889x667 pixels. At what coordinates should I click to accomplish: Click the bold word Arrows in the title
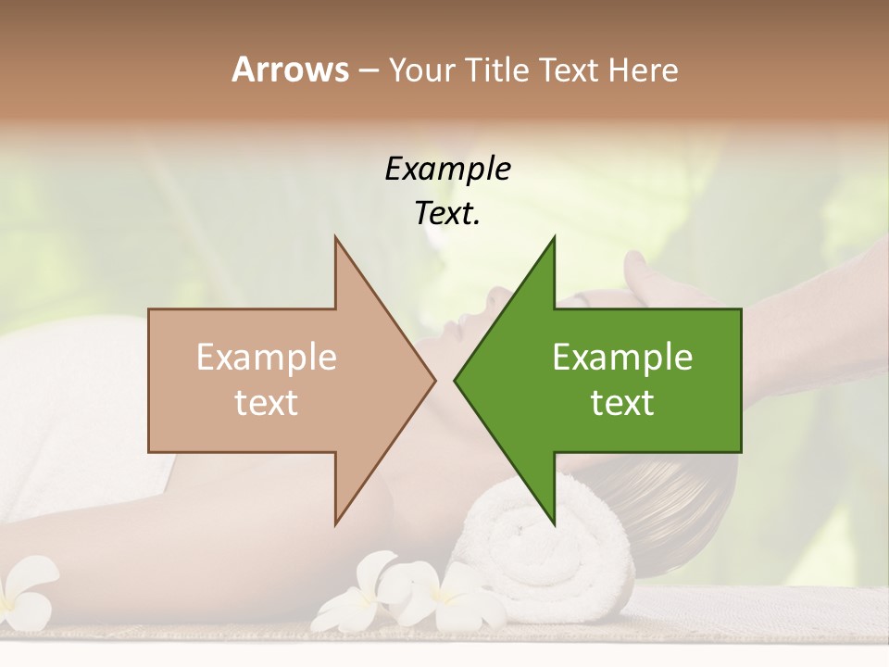click(x=290, y=69)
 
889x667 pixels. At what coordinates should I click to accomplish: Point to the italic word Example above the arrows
click(x=447, y=169)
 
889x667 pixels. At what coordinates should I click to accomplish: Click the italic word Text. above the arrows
click(x=447, y=213)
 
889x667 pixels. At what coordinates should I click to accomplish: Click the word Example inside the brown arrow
click(x=267, y=358)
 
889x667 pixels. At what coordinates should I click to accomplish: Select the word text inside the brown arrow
click(x=267, y=402)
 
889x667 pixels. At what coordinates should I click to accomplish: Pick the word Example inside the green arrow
click(x=622, y=358)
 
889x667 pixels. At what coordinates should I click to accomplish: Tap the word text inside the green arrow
click(x=622, y=402)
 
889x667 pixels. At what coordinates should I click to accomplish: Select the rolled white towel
click(x=546, y=547)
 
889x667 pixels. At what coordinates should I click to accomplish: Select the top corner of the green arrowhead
click(x=554, y=237)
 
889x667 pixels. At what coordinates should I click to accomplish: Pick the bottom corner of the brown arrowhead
click(x=335, y=524)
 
